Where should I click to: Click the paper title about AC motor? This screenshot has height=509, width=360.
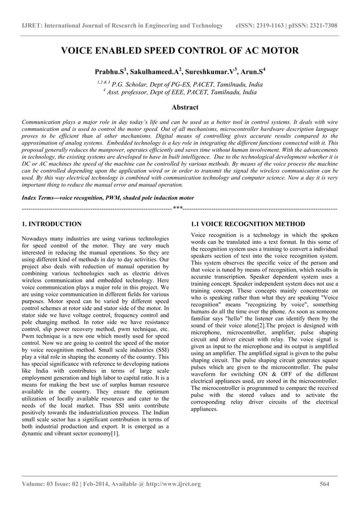point(179,51)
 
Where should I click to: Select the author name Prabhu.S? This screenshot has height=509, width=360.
point(111,72)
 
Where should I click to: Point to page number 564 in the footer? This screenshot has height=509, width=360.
point(324,484)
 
